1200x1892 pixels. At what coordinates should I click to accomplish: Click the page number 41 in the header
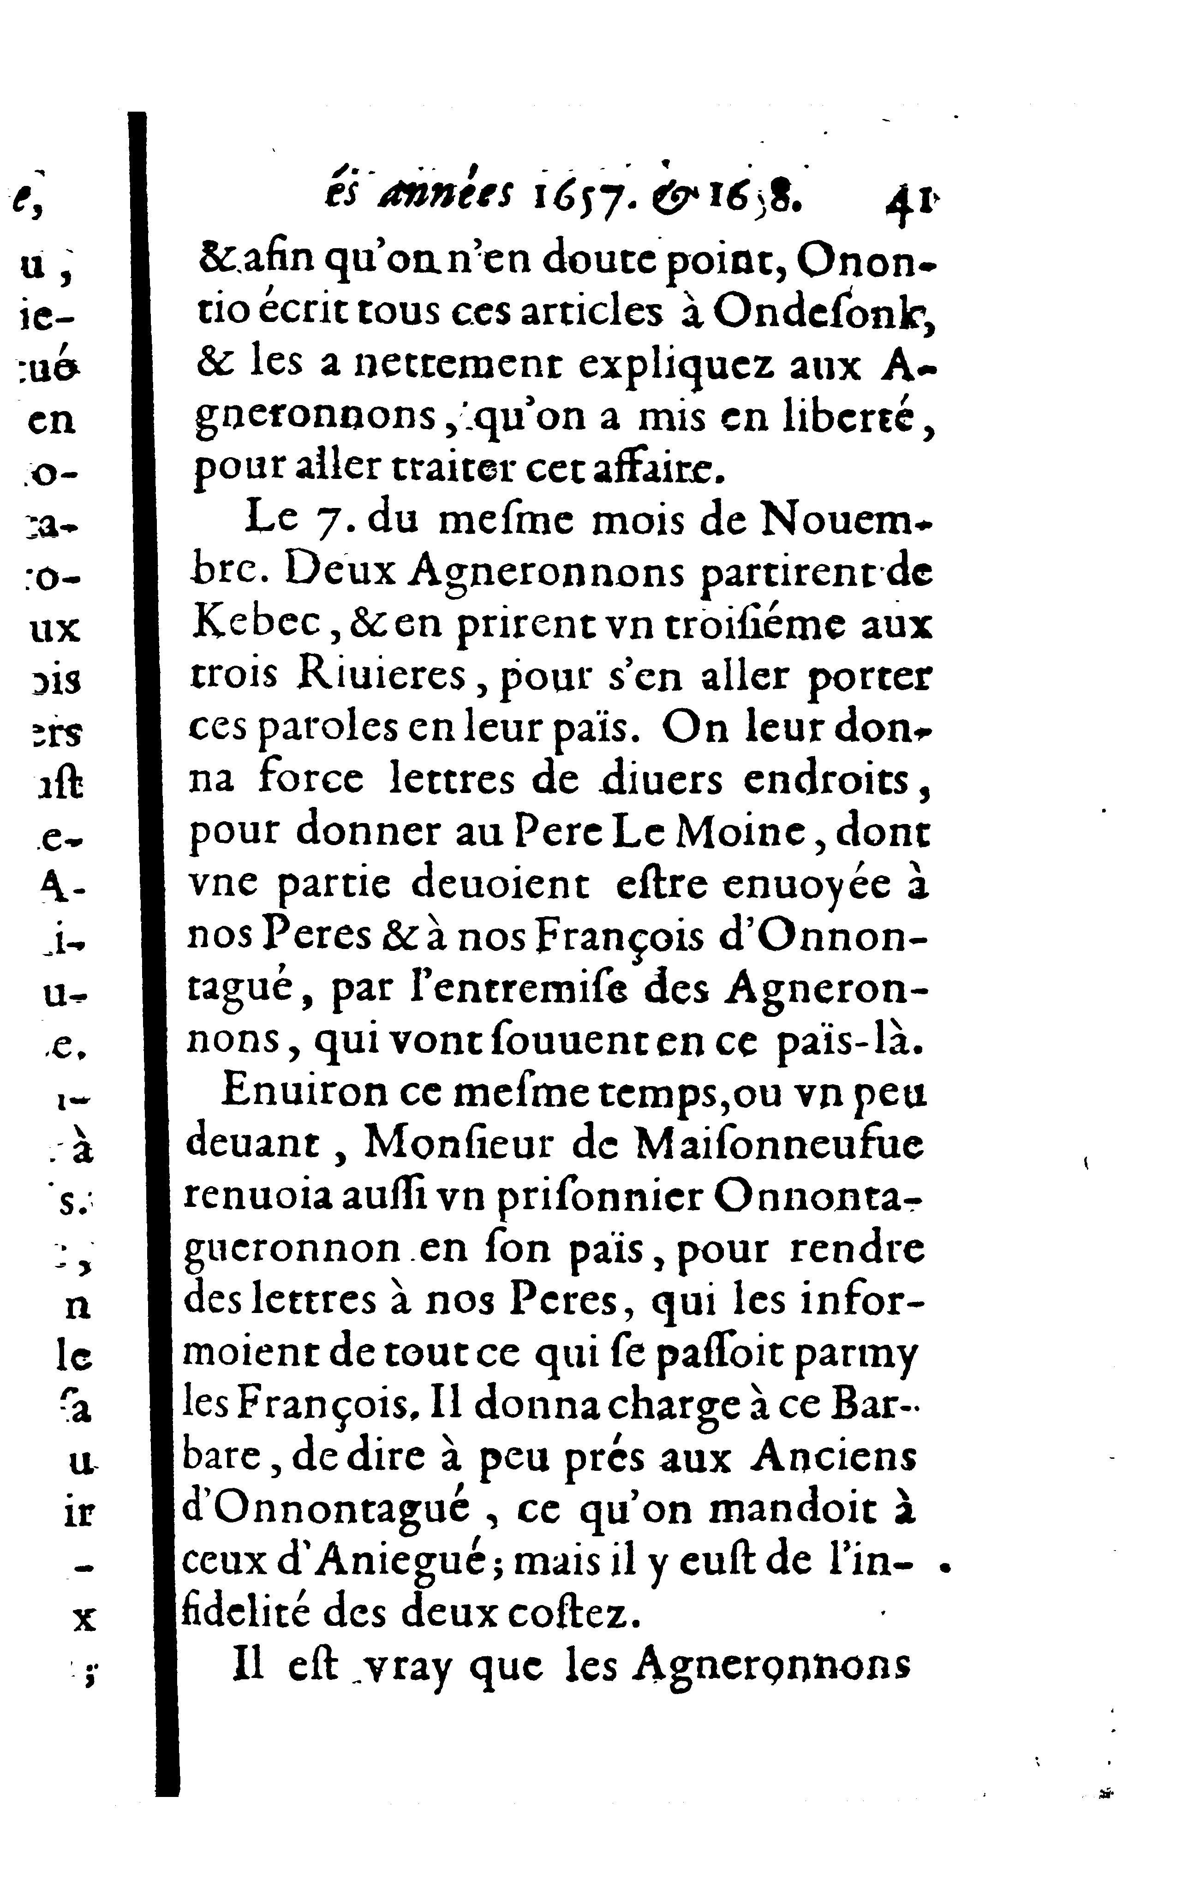(x=909, y=207)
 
